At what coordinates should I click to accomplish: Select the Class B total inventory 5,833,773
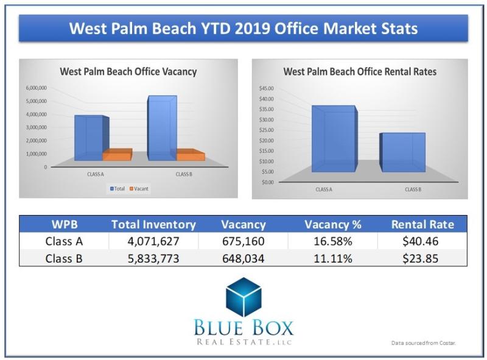tap(153, 258)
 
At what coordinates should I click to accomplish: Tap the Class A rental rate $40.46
tap(422, 241)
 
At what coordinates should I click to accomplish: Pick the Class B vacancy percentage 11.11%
tap(332, 258)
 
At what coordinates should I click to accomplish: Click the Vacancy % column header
tap(332, 224)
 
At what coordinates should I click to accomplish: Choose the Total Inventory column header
tap(153, 224)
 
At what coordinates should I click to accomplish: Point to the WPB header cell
tap(64, 224)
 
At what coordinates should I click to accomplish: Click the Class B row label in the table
tap(64, 258)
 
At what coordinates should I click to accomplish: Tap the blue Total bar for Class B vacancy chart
tap(161, 128)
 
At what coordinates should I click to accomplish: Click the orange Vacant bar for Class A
tap(117, 156)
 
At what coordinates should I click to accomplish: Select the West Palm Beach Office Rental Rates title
tap(360, 72)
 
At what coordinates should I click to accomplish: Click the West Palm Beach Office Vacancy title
tap(128, 72)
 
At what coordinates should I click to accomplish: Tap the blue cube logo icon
tap(243, 297)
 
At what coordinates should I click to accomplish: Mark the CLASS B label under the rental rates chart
tap(413, 189)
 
